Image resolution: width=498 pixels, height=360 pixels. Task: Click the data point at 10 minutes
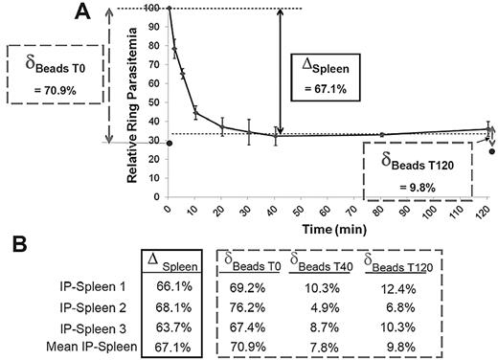click(x=195, y=113)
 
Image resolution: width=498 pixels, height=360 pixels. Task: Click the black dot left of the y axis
click(x=143, y=144)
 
